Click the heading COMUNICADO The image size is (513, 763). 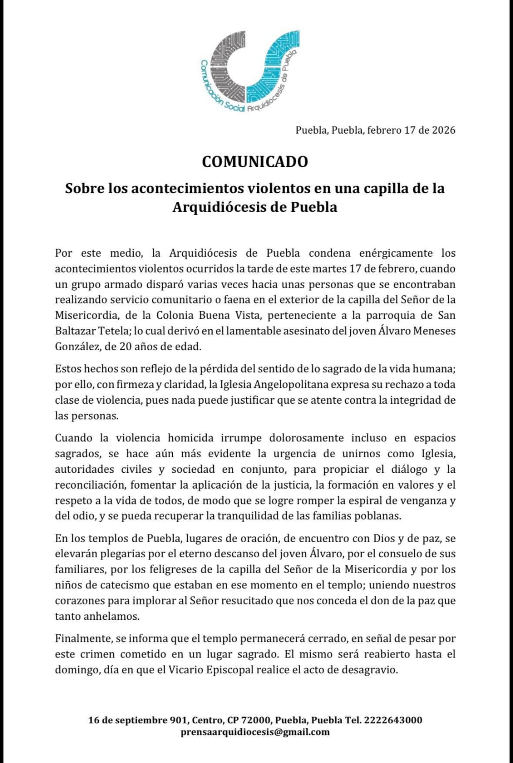point(255,161)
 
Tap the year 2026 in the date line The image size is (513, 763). point(443,130)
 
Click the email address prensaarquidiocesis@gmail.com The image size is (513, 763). point(255,732)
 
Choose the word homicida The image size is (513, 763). point(194,438)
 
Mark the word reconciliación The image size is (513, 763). point(90,485)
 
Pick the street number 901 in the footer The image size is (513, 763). point(178,720)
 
